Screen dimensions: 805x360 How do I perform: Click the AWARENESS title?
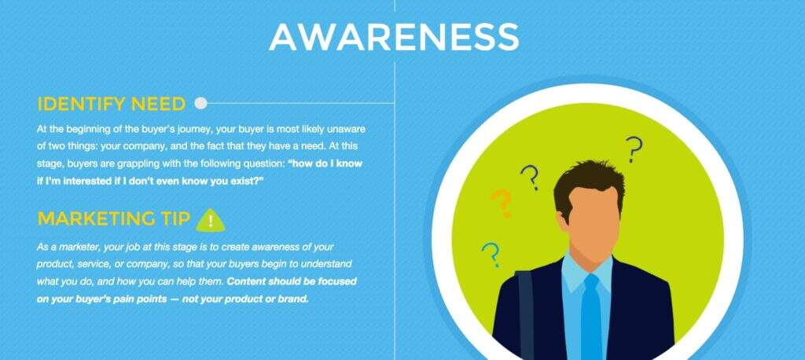tap(395, 36)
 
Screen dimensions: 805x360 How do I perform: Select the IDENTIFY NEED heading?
tap(112, 105)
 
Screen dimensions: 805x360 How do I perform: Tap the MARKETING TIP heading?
tap(114, 219)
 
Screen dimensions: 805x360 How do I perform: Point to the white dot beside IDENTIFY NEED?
tap(201, 104)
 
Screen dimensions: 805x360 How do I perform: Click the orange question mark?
tap(502, 204)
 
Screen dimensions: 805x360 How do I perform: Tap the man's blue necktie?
tap(591, 316)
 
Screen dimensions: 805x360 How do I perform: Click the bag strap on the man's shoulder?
tap(524, 314)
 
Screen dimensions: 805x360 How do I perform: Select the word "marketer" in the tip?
tap(79, 248)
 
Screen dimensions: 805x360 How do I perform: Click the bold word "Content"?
tap(246, 281)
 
